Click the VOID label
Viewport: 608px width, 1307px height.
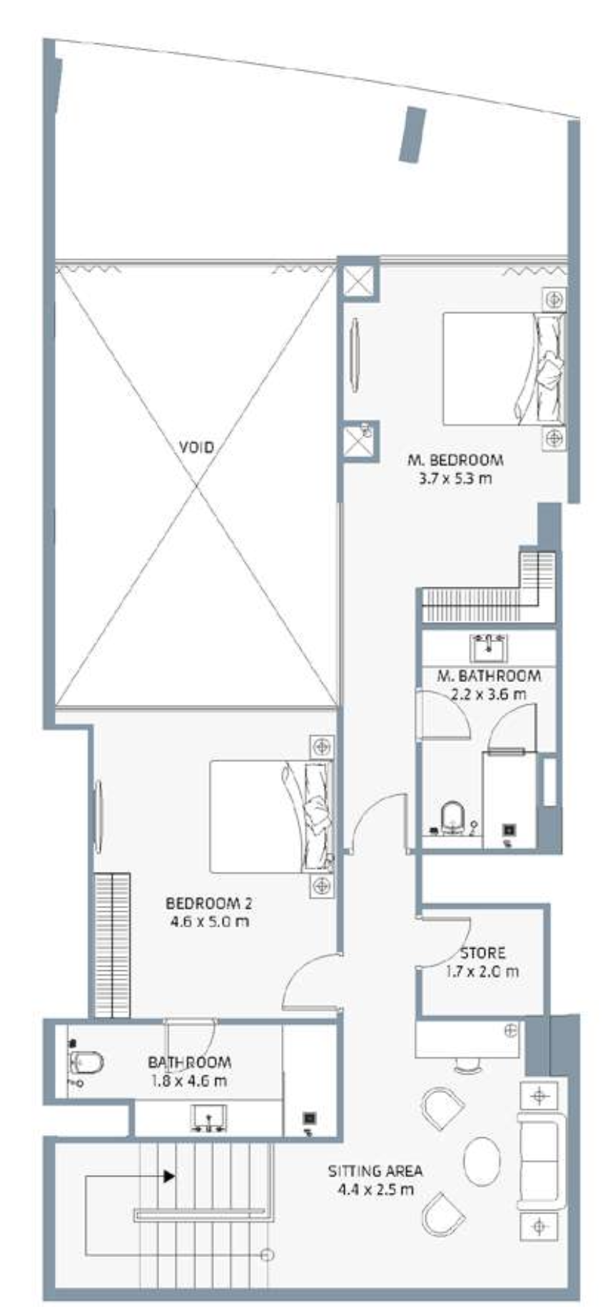[196, 447]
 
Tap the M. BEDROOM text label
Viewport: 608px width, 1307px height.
[455, 460]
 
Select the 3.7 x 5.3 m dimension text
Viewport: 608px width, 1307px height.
[455, 478]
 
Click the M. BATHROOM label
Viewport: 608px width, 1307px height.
[488, 675]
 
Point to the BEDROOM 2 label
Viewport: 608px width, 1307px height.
[208, 903]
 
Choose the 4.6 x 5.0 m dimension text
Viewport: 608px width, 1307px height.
[209, 921]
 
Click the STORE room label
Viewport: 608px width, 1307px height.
[482, 953]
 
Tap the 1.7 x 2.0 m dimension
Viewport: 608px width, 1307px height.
[482, 971]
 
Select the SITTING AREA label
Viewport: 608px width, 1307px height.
[375, 1171]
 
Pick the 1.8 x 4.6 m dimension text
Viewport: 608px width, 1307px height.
[189, 1081]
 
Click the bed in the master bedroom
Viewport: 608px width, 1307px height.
[504, 369]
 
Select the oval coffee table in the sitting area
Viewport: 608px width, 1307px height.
[482, 1161]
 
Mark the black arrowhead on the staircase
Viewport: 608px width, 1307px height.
[169, 1176]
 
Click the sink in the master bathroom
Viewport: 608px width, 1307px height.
[488, 649]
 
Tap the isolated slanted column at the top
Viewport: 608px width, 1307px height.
[412, 135]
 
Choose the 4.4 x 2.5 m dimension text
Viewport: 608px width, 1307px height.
[376, 1189]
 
